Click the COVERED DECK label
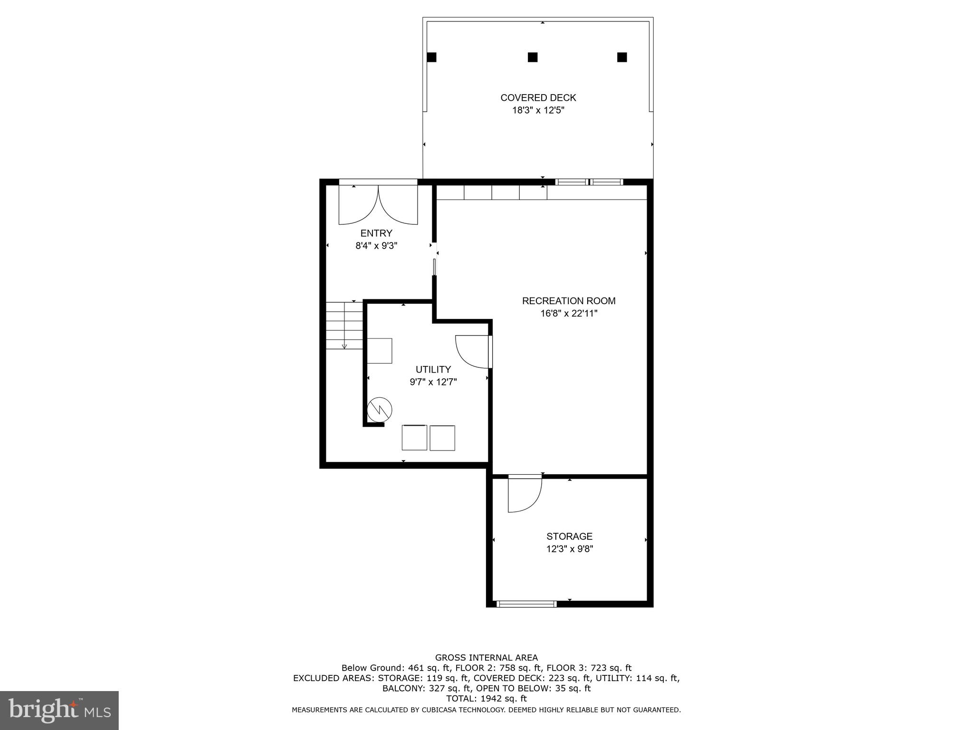click(x=538, y=98)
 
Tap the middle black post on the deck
click(x=533, y=58)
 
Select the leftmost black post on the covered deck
click(x=431, y=58)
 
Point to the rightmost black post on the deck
click(x=622, y=58)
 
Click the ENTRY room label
click(x=376, y=233)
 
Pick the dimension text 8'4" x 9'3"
click(x=376, y=246)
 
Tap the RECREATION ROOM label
click(x=569, y=301)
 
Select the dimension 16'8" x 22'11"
click(x=569, y=313)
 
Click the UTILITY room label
click(x=433, y=369)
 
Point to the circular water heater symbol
click(x=380, y=409)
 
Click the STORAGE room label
click(x=569, y=537)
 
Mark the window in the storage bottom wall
click(x=526, y=604)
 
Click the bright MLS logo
click(x=59, y=710)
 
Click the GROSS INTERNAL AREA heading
click(x=486, y=658)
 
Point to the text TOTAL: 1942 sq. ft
click(x=486, y=699)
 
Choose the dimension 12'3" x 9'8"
click(x=569, y=549)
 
